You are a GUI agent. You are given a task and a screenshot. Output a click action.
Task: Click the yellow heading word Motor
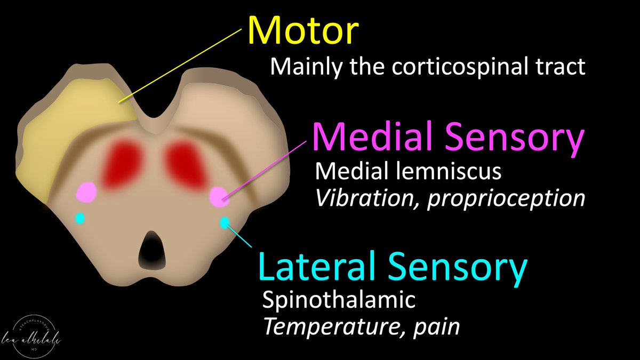(x=302, y=30)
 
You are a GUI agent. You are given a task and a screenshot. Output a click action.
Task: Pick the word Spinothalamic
(x=339, y=300)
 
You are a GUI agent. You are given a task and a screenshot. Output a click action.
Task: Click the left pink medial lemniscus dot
(x=86, y=192)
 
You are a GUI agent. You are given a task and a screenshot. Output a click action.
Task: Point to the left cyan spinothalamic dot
(x=80, y=218)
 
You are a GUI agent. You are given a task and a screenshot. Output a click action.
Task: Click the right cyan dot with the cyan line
(x=225, y=222)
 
